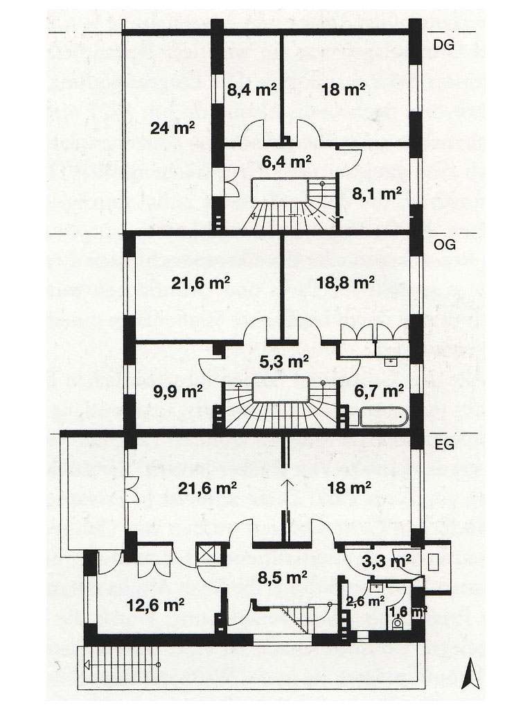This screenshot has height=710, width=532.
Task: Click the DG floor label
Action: point(443,45)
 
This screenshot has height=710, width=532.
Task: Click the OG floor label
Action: point(444,245)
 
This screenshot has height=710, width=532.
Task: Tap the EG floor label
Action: point(443,444)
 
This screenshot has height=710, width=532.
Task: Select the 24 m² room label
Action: point(172,128)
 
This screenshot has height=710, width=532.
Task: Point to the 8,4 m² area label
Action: point(251,90)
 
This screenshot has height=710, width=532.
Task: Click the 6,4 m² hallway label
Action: point(286,161)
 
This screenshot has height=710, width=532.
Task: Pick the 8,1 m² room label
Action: point(377,194)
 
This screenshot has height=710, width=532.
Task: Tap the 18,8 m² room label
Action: point(345,283)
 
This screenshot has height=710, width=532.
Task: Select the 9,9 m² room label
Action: point(177,391)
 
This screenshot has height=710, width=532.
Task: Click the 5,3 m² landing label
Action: point(284,361)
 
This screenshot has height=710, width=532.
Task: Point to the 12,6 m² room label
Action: point(155,605)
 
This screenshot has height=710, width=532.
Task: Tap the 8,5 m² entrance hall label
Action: point(283,578)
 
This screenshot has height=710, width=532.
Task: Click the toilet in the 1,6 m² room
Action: point(398,624)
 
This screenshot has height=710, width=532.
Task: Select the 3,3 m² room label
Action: point(387,562)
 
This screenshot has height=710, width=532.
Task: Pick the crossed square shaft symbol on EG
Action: point(209,553)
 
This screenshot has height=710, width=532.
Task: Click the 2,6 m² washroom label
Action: point(365,601)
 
